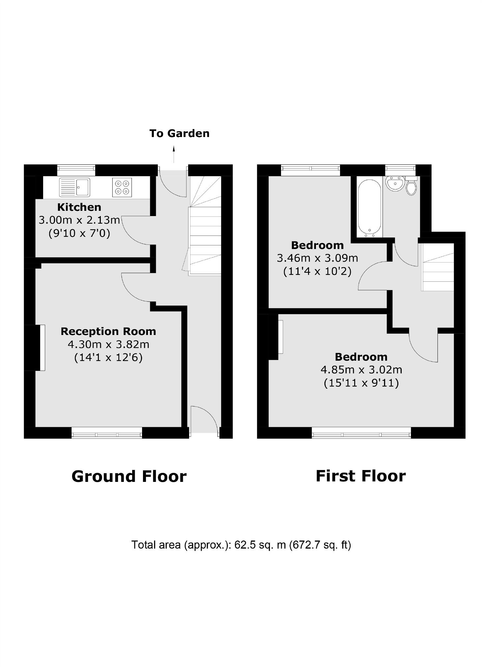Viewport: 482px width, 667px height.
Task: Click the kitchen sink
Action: [x=74, y=187]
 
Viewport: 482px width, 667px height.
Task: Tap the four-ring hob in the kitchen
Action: [x=122, y=187]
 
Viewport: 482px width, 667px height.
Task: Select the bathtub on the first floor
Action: [x=370, y=208]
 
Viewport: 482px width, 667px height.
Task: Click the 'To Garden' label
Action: [x=179, y=133]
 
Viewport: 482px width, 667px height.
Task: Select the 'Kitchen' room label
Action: [x=79, y=207]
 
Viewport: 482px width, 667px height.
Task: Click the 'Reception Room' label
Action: [x=108, y=331]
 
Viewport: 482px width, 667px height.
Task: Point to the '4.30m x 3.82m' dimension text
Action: [x=108, y=345]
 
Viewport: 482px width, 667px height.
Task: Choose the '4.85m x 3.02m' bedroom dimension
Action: [x=361, y=370]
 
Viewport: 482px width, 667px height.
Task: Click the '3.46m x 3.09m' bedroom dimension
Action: [x=317, y=258]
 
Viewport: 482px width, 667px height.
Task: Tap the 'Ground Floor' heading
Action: [x=129, y=477]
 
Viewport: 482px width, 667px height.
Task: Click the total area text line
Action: [x=241, y=545]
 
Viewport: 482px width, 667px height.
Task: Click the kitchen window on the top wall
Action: [x=76, y=170]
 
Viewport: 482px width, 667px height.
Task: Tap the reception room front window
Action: [x=107, y=432]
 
